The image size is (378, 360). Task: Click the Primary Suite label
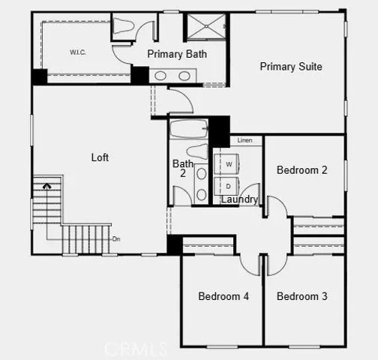pos(291,67)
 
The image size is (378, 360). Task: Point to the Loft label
pos(100,157)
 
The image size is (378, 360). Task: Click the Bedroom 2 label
pos(301,170)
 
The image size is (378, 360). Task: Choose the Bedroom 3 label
pos(301,296)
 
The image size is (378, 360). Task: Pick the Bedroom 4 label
pos(223,296)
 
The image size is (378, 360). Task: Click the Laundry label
pos(239,199)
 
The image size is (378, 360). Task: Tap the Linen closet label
pos(244,141)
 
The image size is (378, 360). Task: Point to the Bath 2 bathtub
pos(188,130)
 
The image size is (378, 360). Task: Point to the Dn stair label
pos(116,239)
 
